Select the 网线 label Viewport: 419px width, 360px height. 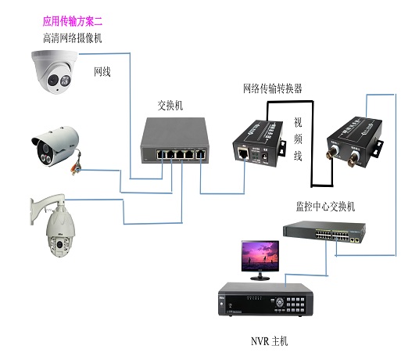(102, 72)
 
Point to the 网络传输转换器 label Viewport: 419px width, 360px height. (273, 88)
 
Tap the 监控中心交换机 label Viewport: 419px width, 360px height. (325, 207)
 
